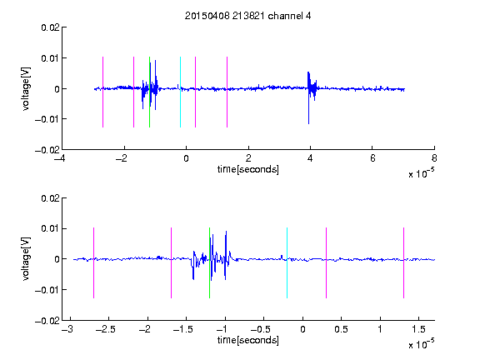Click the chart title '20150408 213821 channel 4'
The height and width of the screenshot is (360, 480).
point(247,16)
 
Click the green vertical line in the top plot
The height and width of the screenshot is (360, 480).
point(149,92)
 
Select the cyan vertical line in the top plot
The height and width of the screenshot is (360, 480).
point(180,92)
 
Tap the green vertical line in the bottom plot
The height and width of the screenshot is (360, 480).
point(209,262)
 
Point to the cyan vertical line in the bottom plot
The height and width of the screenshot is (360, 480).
point(287,262)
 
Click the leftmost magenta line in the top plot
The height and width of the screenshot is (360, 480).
point(102,92)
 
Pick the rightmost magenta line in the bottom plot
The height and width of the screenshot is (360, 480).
point(403,262)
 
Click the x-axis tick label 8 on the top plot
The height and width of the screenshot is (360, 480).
point(434,158)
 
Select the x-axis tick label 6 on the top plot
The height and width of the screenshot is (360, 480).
point(372,158)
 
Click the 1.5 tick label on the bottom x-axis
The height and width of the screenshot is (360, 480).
point(418,329)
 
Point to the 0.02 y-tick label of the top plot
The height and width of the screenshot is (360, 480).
point(50,27)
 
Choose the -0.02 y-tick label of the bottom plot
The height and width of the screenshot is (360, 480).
point(47,321)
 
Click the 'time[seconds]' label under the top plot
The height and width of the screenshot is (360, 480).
point(248,169)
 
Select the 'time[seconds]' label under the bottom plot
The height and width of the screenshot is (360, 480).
point(248,340)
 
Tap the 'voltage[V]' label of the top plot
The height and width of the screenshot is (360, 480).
point(26,89)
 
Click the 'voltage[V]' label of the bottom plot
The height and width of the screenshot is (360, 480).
point(26,259)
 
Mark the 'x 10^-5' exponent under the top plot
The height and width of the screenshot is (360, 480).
point(421,173)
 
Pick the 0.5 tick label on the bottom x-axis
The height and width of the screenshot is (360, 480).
point(341,329)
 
